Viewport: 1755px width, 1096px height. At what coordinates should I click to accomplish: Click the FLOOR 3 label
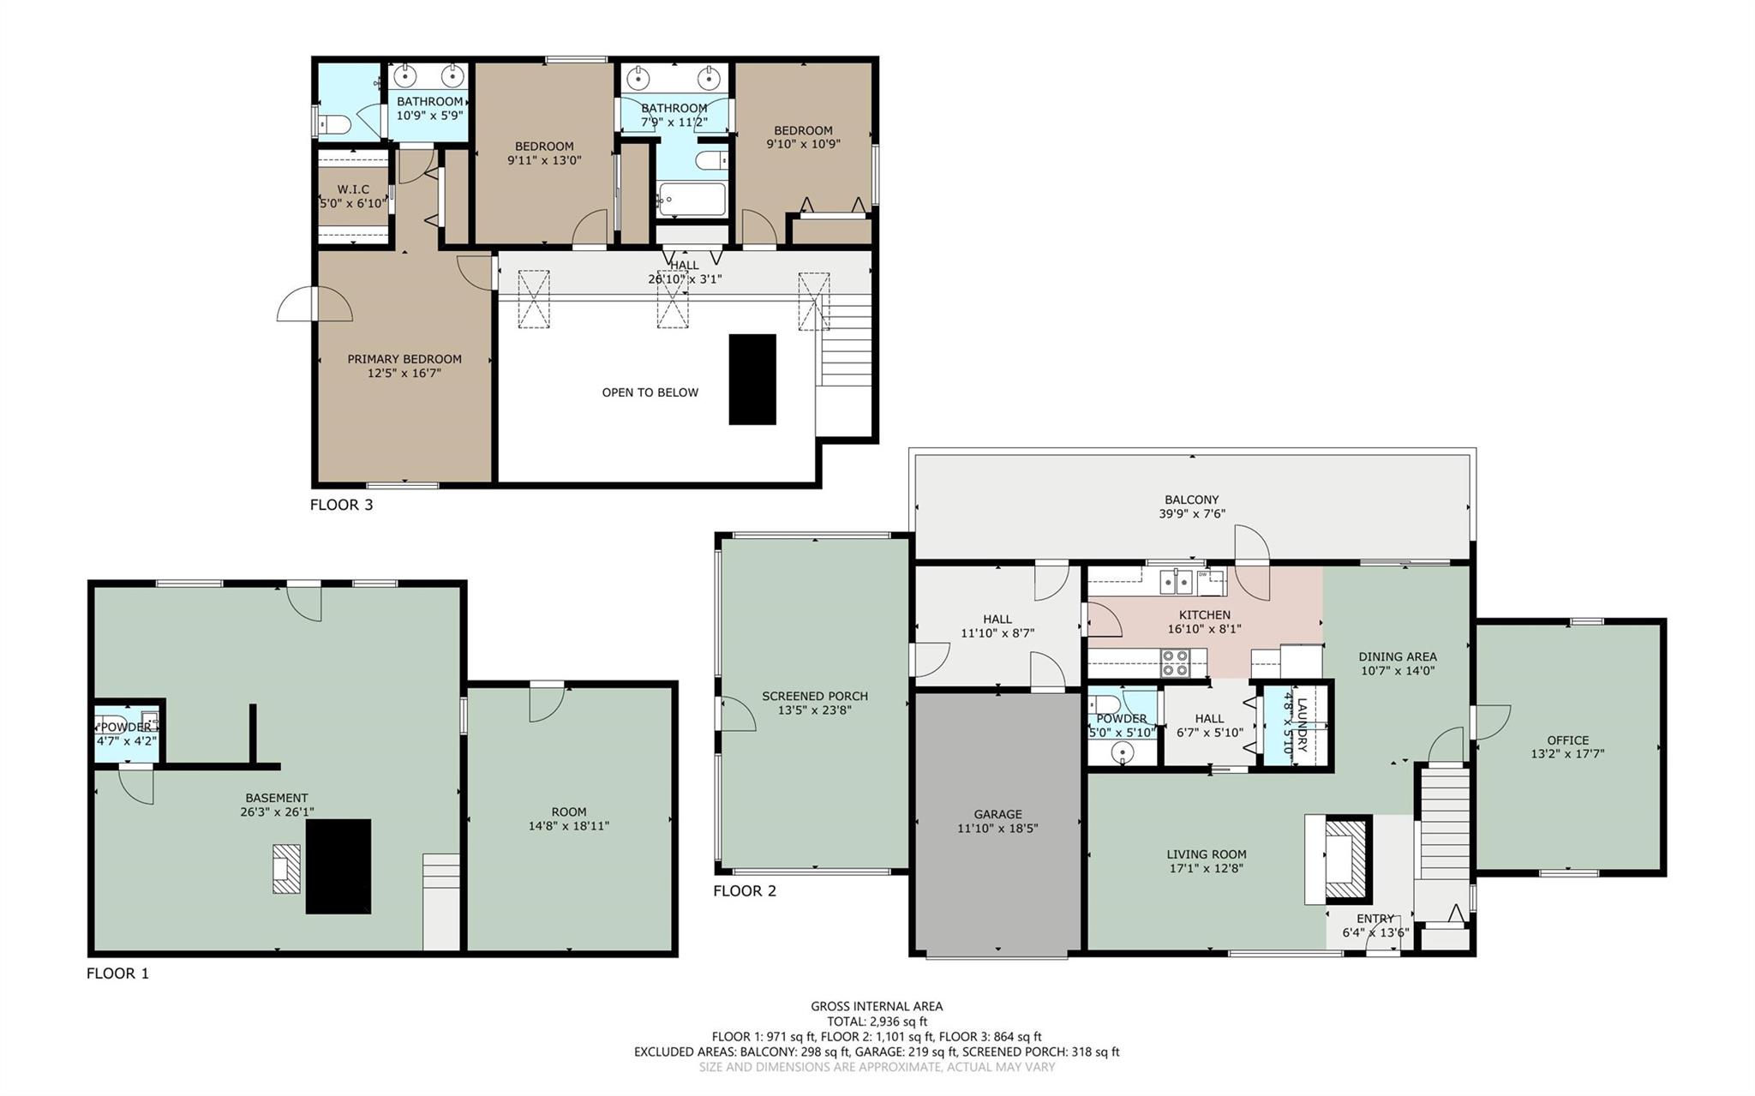[x=341, y=505]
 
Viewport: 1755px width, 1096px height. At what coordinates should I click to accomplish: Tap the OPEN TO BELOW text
[x=650, y=392]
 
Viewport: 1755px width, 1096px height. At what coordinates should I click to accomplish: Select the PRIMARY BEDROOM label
[x=404, y=359]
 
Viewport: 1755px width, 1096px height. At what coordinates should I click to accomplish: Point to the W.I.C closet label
[x=353, y=189]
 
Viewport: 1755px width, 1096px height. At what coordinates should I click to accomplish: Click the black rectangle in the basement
[x=338, y=866]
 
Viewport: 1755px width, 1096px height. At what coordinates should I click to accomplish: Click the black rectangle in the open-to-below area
[x=752, y=380]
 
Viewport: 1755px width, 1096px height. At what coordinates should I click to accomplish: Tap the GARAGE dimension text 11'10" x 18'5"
[x=997, y=829]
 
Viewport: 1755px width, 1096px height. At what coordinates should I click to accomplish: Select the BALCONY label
[x=1191, y=500]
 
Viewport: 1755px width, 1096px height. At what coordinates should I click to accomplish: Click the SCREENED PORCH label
[x=815, y=696]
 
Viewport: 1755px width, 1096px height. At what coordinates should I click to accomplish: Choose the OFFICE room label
[x=1567, y=740]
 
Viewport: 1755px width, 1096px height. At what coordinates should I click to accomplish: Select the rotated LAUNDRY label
[x=1302, y=725]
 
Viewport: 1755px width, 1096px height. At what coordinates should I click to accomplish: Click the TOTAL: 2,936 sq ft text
[x=877, y=1021]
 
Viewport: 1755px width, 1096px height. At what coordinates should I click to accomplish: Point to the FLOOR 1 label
[x=117, y=973]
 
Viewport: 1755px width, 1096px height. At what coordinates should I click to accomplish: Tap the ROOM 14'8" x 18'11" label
[x=569, y=812]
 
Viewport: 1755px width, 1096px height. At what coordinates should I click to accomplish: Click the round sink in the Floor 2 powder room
[x=1121, y=753]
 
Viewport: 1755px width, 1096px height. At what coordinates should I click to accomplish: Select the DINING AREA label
[x=1397, y=657]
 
